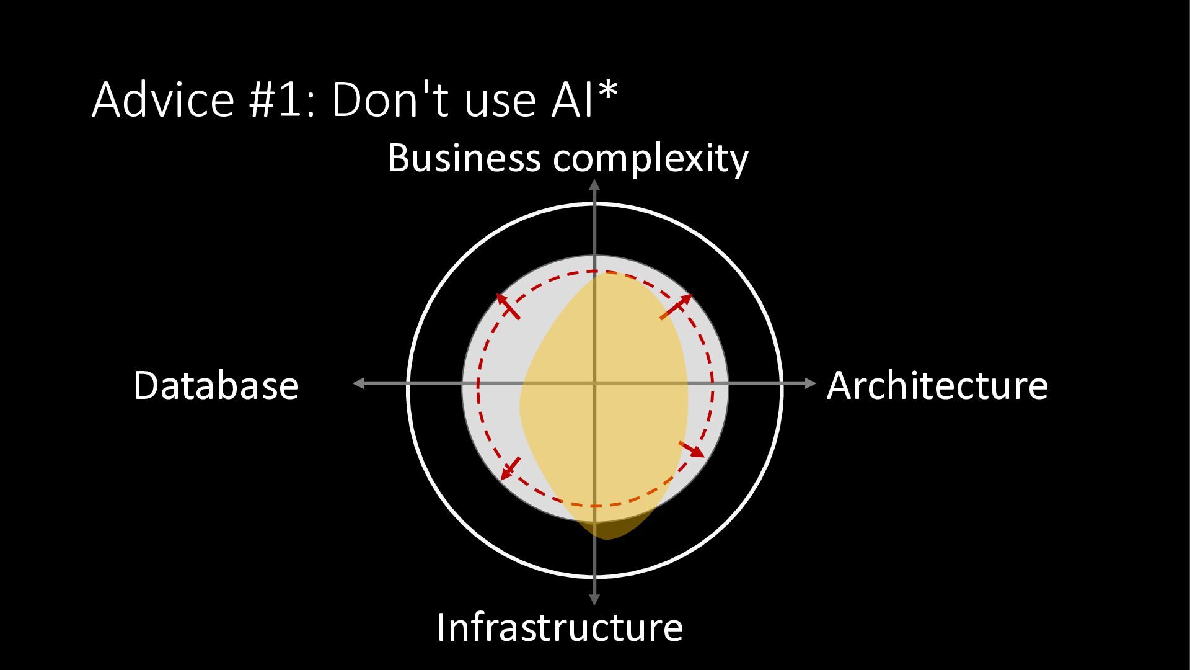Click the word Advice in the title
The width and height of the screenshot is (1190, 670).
tap(163, 99)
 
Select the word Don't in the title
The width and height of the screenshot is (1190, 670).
tap(390, 99)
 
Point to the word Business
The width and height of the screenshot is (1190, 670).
tap(464, 158)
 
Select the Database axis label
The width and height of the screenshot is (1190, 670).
tap(216, 385)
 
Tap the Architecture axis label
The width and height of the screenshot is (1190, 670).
tap(937, 385)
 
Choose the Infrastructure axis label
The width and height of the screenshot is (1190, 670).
tap(560, 627)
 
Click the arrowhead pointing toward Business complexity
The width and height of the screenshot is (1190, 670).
tap(594, 184)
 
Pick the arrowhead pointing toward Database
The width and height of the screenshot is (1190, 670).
tap(358, 383)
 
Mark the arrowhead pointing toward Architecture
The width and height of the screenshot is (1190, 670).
tap(811, 383)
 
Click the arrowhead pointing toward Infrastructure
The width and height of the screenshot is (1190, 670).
tap(594, 599)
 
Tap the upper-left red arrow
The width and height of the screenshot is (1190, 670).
tap(508, 306)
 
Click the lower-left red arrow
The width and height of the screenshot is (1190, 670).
tap(510, 468)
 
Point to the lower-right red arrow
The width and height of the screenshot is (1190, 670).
tap(692, 449)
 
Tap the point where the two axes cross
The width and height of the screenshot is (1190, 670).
tap(594, 384)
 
